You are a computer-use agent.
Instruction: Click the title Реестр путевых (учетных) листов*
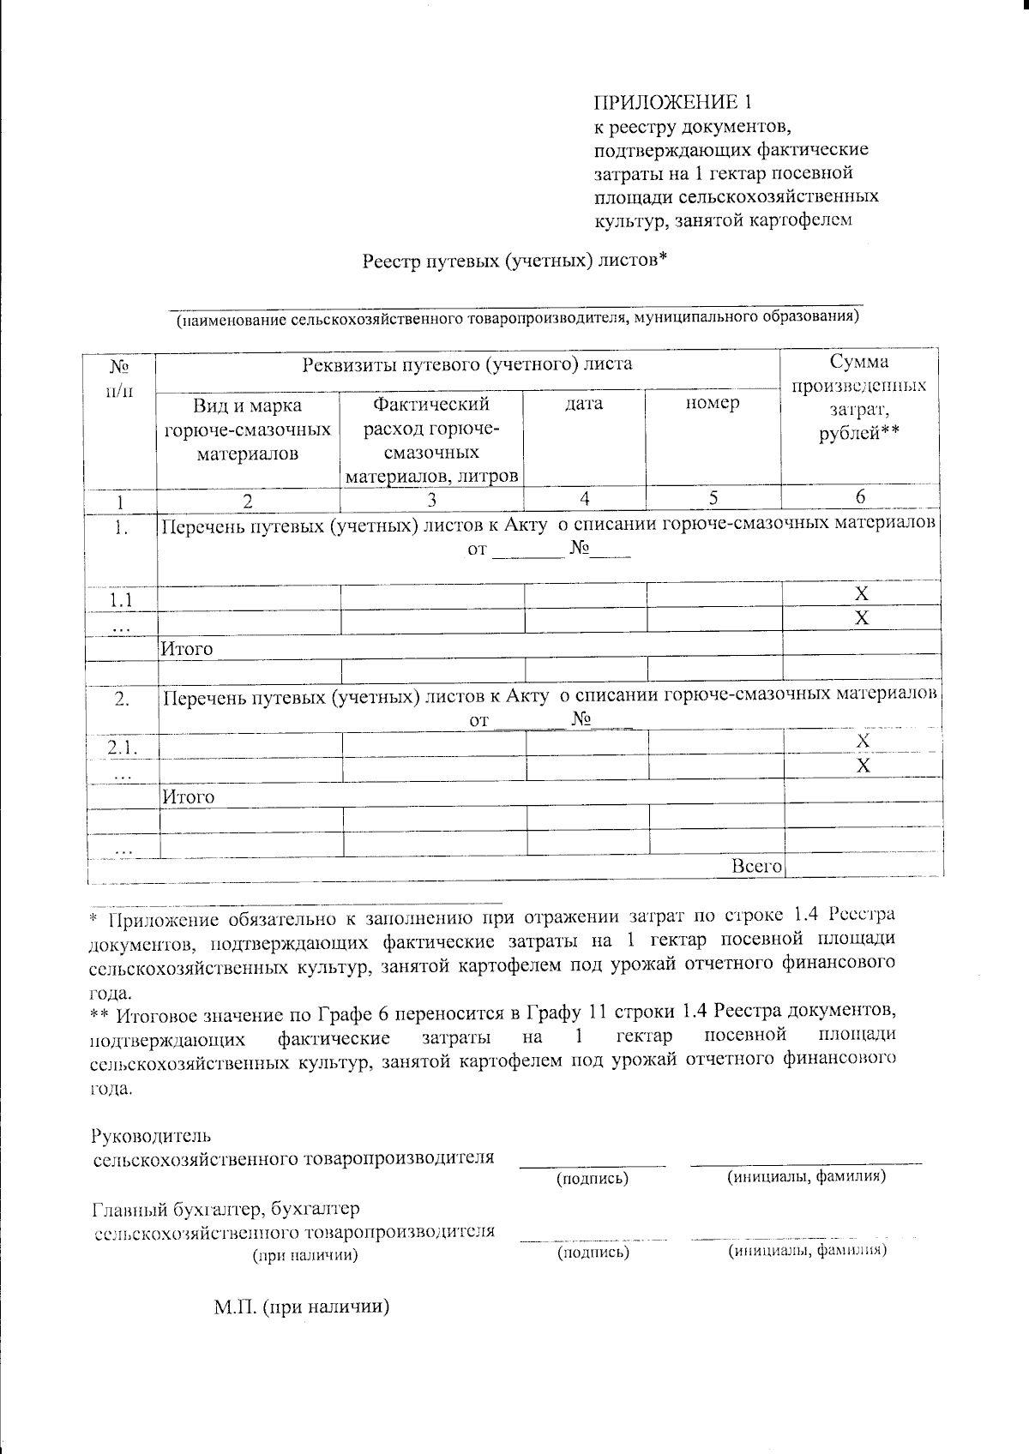pyautogui.click(x=514, y=259)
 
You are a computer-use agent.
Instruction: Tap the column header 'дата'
pyautogui.click(x=584, y=403)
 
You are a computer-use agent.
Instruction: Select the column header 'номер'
pyautogui.click(x=713, y=403)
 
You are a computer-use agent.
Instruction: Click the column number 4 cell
pyautogui.click(x=584, y=498)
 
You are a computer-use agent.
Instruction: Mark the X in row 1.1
pyautogui.click(x=862, y=593)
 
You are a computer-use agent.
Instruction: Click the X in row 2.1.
pyautogui.click(x=863, y=740)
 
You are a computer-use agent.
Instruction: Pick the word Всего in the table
pyautogui.click(x=756, y=867)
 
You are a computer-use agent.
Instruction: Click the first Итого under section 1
pyautogui.click(x=187, y=649)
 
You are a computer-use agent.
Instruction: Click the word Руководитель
pyautogui.click(x=150, y=1136)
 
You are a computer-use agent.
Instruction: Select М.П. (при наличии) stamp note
pyautogui.click(x=303, y=1307)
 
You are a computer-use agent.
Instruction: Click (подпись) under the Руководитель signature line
pyautogui.click(x=593, y=1178)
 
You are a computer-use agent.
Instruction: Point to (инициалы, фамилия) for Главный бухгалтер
pyautogui.click(x=807, y=1251)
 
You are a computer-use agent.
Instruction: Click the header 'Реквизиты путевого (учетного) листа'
pyautogui.click(x=468, y=364)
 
